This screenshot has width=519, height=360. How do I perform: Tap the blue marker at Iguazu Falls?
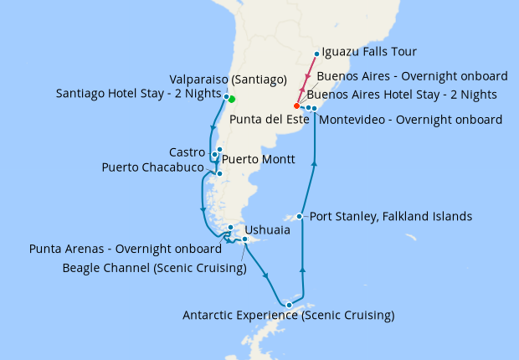click(x=316, y=54)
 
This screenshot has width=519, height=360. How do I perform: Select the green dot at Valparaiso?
click(x=232, y=100)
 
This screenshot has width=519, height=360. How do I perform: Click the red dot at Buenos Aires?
click(x=297, y=106)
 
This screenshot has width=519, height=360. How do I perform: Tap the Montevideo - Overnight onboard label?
click(x=411, y=120)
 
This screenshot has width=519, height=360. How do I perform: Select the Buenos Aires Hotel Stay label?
click(x=407, y=94)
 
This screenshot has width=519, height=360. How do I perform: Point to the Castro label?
click(x=187, y=152)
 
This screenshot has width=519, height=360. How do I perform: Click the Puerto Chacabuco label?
click(x=152, y=168)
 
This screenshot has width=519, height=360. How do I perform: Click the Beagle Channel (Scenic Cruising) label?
click(x=155, y=268)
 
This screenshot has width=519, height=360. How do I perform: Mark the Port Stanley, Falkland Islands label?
click(x=391, y=217)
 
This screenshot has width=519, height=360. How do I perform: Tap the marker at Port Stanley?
click(x=299, y=217)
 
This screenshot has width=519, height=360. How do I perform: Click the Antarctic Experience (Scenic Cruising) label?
click(x=289, y=316)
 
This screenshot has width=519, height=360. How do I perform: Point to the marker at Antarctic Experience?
click(x=289, y=305)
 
